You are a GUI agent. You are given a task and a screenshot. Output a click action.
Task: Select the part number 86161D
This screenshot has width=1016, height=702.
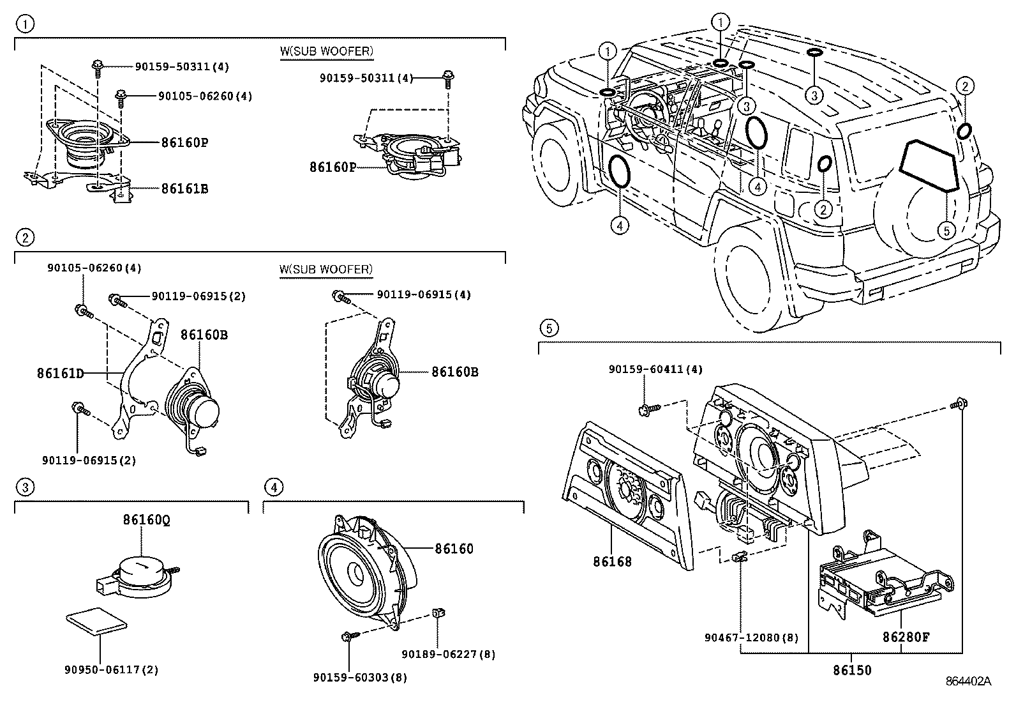[61, 373]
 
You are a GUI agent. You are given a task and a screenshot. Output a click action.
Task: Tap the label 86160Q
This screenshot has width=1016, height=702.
[147, 521]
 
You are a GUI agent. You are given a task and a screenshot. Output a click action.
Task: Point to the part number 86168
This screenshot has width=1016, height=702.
[612, 562]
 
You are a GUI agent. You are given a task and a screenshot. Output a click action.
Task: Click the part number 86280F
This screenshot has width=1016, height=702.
[906, 637]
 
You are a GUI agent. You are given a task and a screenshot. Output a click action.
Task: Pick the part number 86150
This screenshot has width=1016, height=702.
[851, 671]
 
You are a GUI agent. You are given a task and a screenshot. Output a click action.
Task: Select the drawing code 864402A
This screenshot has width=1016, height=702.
[968, 682]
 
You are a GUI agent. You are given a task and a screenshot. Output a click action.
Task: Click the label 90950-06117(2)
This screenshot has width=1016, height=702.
[111, 670]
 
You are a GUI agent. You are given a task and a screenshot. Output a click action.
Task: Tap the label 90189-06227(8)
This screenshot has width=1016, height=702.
[448, 654]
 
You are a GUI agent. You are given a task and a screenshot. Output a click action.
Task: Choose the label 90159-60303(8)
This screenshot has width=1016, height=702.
[360, 677]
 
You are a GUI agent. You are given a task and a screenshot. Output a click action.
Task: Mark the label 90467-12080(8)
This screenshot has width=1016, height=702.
[751, 637]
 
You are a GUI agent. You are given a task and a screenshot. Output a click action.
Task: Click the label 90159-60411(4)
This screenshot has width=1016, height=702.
[655, 369]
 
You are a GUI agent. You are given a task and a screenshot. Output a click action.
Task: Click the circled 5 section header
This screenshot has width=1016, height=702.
[548, 328]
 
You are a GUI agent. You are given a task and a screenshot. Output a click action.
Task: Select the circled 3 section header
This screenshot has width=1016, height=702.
[25, 488]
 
